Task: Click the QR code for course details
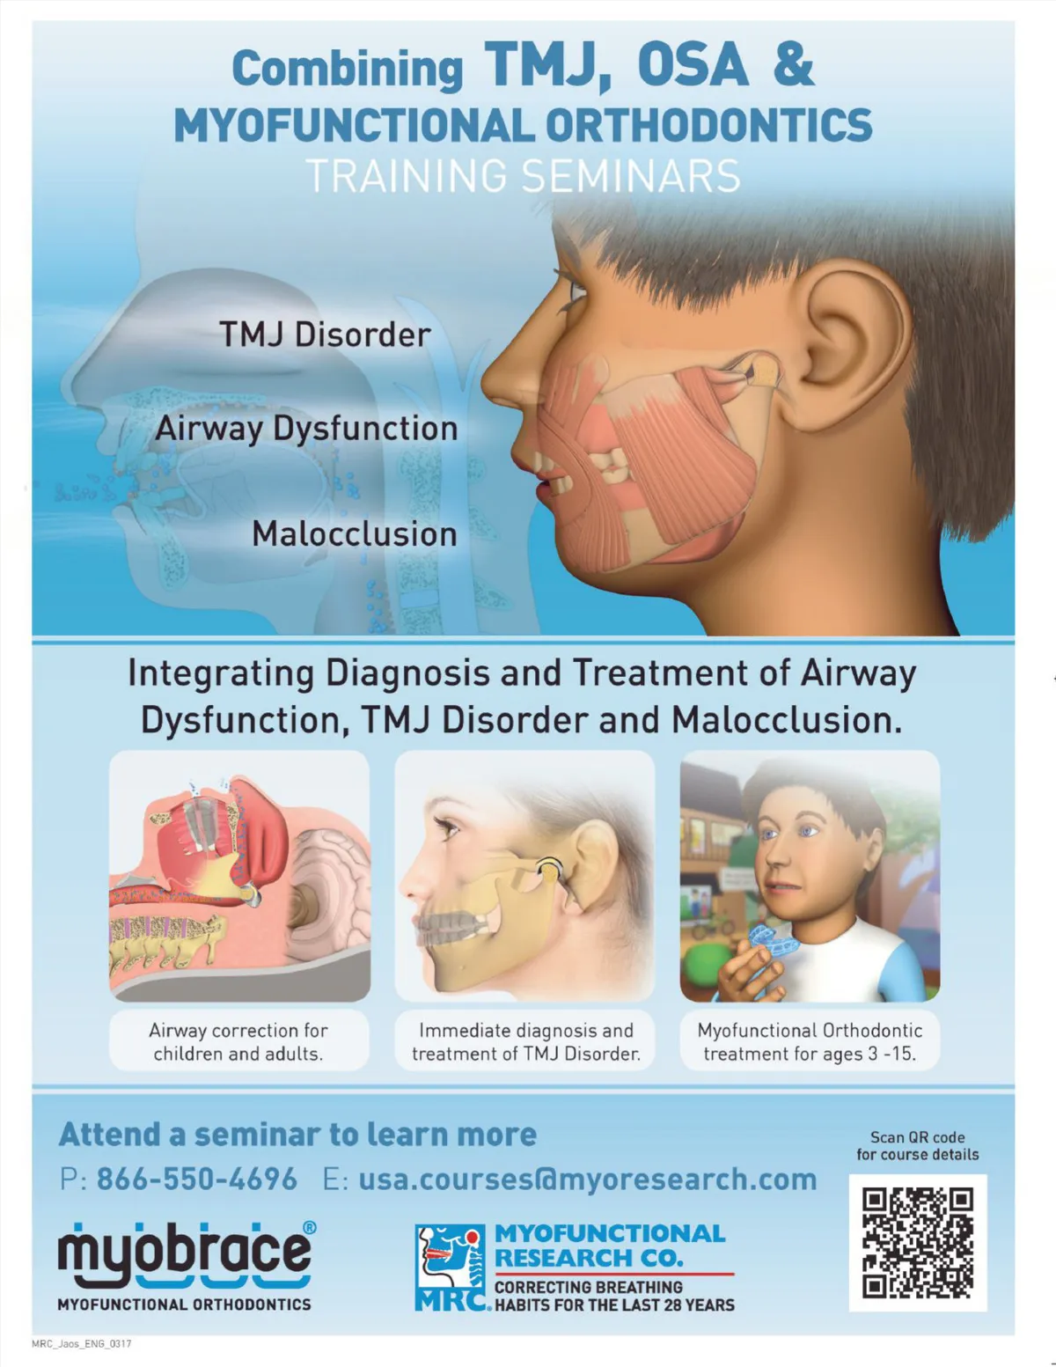918,1243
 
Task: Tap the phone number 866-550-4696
197,1180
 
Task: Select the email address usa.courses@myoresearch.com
588,1180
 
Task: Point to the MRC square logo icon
451,1267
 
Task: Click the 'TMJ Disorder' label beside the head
326,334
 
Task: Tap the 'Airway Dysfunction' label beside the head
306,430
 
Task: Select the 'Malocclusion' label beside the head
355,534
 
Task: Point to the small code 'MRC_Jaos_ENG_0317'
82,1344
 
